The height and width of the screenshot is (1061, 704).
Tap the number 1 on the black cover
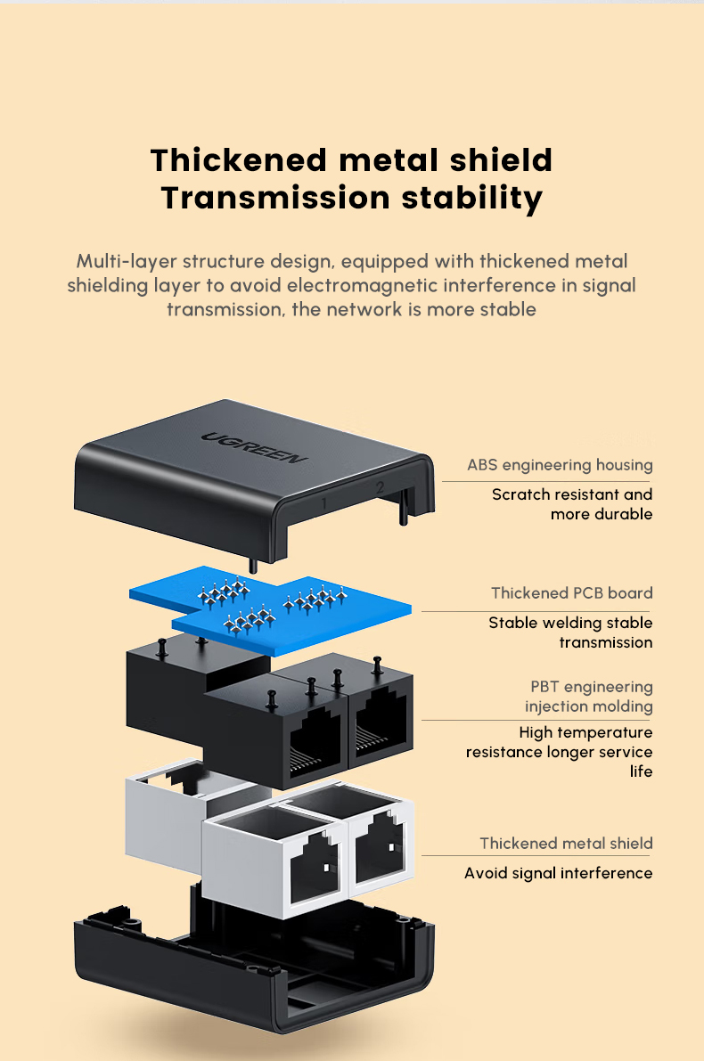[323, 504]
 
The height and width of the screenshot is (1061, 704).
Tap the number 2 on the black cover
[380, 487]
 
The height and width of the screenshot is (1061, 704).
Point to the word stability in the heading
[471, 197]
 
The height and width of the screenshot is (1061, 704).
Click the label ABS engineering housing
[560, 465]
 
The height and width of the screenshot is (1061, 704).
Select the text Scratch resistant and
[572, 494]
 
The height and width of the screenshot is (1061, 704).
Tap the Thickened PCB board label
[571, 593]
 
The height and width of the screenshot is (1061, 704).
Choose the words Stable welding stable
[570, 623]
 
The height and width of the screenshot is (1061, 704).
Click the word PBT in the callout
[544, 687]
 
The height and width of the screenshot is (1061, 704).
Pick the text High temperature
[585, 732]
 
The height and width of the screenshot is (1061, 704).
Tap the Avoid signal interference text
[558, 873]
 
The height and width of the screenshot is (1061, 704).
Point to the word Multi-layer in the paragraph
[126, 261]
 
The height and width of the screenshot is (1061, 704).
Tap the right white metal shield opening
[381, 850]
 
